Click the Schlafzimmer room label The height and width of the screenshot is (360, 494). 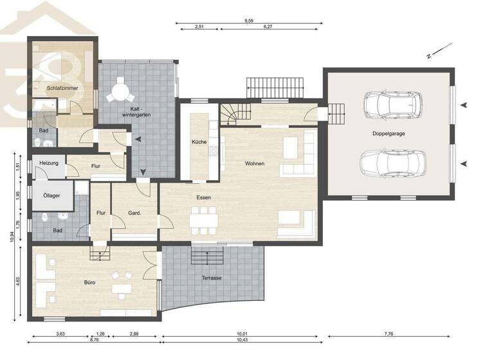coord(62,87)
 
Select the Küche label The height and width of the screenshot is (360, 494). coord(199,141)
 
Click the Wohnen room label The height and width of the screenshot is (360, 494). coord(255,163)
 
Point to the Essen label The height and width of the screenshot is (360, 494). coord(205,199)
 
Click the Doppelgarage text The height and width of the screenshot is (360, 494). coord(388,134)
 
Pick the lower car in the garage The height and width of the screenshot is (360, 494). coord(390,164)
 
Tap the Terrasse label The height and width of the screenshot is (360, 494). coord(212,278)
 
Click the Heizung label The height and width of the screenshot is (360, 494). coord(48,163)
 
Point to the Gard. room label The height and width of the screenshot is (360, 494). coord(134,213)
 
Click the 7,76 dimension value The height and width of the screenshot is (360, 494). coord(390,334)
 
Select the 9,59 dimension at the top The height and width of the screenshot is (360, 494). coord(248,21)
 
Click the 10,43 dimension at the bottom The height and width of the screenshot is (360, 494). coord(242,339)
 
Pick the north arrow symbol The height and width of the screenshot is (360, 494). coord(435,52)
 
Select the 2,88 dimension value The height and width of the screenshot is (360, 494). coord(134,334)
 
